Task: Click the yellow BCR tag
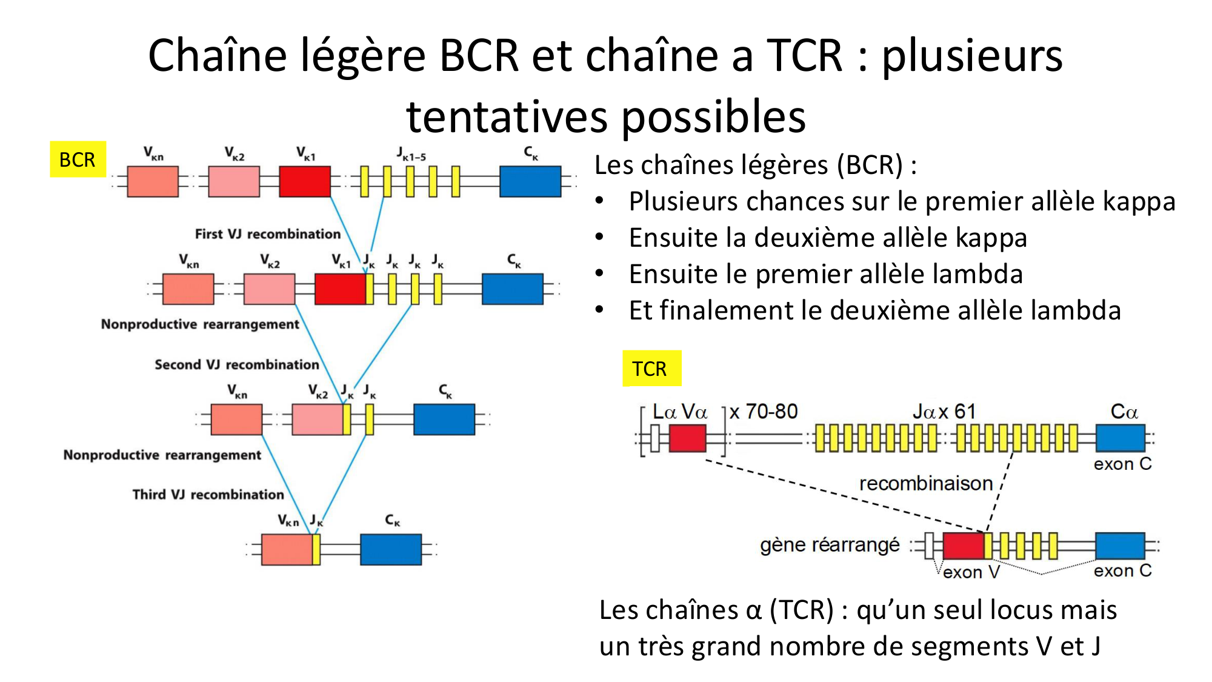click(78, 159)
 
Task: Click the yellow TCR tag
click(651, 369)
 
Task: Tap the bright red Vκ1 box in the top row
click(305, 181)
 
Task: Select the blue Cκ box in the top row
click(530, 181)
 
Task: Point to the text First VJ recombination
click(267, 234)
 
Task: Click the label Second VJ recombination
click(236, 364)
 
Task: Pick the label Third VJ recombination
click(208, 495)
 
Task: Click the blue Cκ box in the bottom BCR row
click(391, 549)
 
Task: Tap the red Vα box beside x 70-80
click(688, 438)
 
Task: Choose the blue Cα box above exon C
click(1120, 438)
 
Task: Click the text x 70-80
click(764, 412)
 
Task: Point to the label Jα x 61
click(944, 412)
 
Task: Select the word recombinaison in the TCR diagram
click(925, 484)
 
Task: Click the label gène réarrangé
click(830, 545)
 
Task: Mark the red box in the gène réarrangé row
click(964, 546)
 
